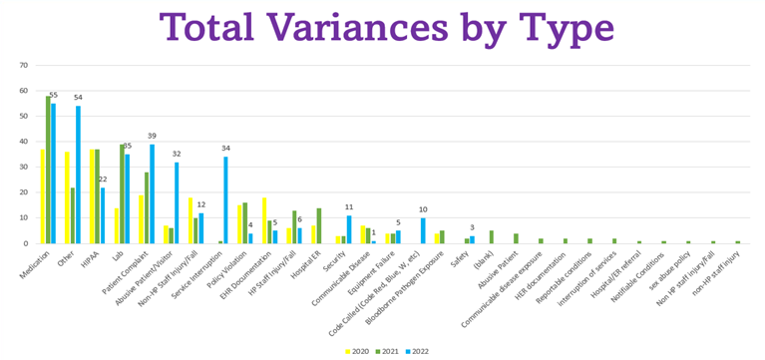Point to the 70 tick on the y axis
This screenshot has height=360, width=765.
coord(22,66)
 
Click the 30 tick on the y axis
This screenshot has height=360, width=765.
coord(22,168)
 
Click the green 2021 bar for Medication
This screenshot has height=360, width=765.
coord(48,170)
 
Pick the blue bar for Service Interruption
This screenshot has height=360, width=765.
coord(225,199)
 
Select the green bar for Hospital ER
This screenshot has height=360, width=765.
coord(318,225)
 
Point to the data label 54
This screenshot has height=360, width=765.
coord(78,98)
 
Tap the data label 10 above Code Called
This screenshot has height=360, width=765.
coord(423,209)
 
